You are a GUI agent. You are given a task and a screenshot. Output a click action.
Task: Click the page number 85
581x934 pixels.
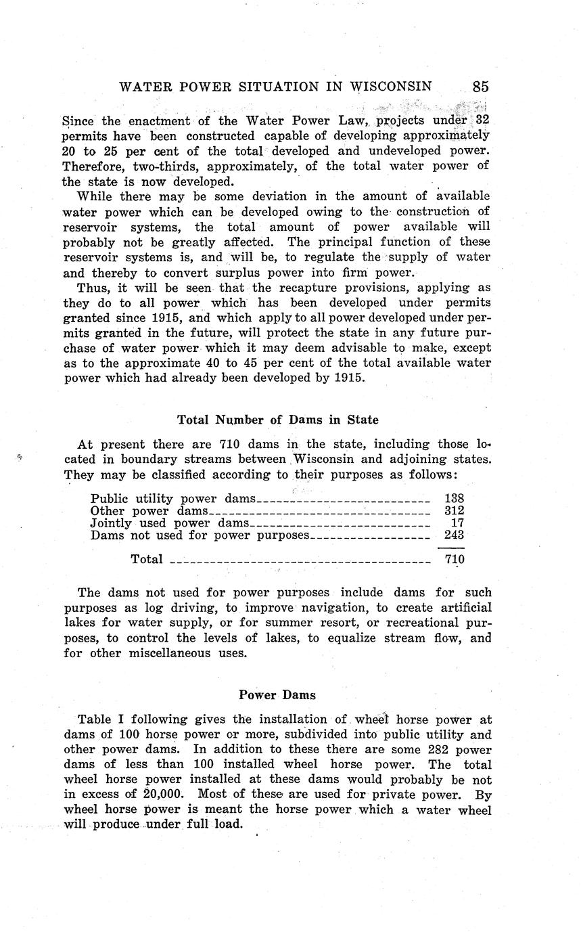480,87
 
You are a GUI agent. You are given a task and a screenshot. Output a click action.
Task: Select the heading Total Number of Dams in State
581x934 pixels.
277,420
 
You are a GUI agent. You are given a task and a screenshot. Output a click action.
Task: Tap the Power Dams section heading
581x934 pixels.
277,695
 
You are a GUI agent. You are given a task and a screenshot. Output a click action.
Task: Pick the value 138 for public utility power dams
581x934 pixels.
454,499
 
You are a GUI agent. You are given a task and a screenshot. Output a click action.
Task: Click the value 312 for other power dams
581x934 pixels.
454,511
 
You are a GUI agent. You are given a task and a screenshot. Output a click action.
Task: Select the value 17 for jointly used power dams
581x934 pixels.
457,523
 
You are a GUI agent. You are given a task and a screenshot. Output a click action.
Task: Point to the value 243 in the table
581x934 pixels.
454,535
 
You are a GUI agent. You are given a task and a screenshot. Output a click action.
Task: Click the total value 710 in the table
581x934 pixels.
455,559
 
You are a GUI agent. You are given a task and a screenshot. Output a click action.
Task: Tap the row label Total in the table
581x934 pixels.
147,559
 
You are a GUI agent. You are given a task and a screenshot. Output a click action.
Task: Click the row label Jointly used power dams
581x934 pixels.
170,523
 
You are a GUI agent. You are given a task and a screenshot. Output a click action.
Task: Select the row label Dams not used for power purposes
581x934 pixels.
200,535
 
